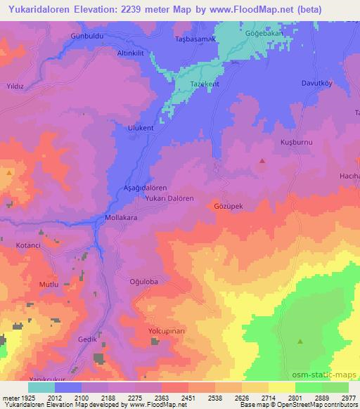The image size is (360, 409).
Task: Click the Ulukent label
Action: (140, 128)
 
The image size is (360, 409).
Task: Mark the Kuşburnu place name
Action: (286, 141)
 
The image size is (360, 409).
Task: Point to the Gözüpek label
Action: (228, 207)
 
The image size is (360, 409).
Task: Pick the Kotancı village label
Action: (30, 245)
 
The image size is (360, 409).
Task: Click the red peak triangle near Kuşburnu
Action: (262, 161)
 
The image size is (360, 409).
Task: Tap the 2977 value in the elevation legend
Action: (349, 397)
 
